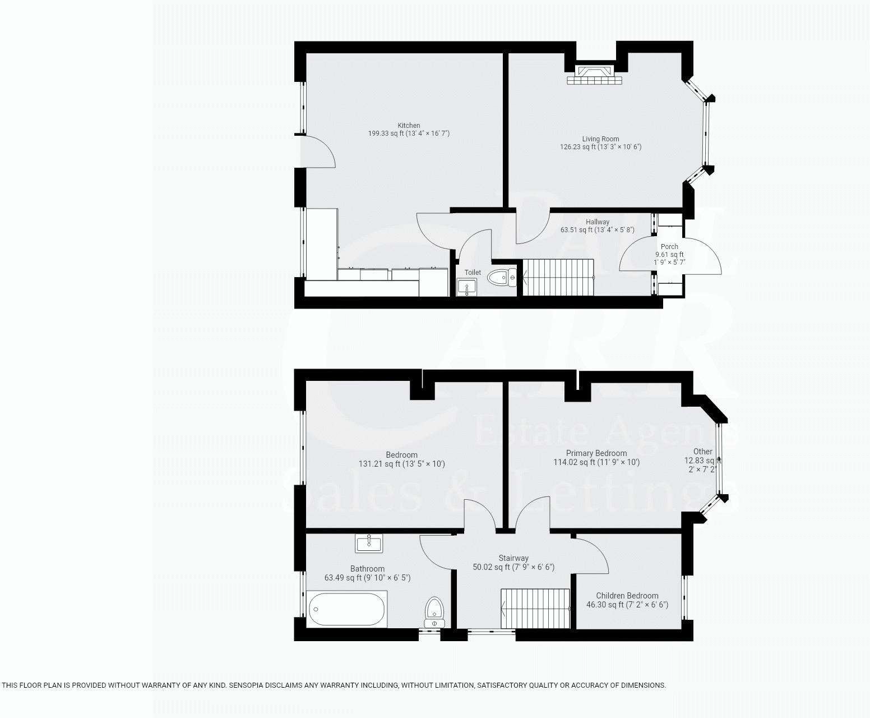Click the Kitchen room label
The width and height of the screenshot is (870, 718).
(x=409, y=126)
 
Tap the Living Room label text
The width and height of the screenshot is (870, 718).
(x=600, y=139)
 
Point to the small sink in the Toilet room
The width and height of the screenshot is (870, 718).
(x=466, y=287)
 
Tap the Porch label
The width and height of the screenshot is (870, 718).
(x=669, y=247)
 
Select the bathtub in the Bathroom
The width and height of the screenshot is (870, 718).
(x=347, y=609)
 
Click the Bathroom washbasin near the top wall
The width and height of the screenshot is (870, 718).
(x=369, y=543)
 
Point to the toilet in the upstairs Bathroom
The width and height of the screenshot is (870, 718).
(x=434, y=611)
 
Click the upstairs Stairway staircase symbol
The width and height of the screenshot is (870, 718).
(x=535, y=609)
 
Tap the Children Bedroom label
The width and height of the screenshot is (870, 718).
(x=627, y=596)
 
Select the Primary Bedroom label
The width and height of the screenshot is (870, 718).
(x=596, y=453)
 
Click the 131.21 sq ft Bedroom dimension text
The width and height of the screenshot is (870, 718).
(x=401, y=464)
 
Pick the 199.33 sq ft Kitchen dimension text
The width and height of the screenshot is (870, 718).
(x=409, y=134)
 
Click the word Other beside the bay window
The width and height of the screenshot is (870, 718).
(x=702, y=452)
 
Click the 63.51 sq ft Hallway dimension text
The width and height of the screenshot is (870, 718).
(x=597, y=230)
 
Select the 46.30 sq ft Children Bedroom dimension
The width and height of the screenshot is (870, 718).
(x=627, y=605)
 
